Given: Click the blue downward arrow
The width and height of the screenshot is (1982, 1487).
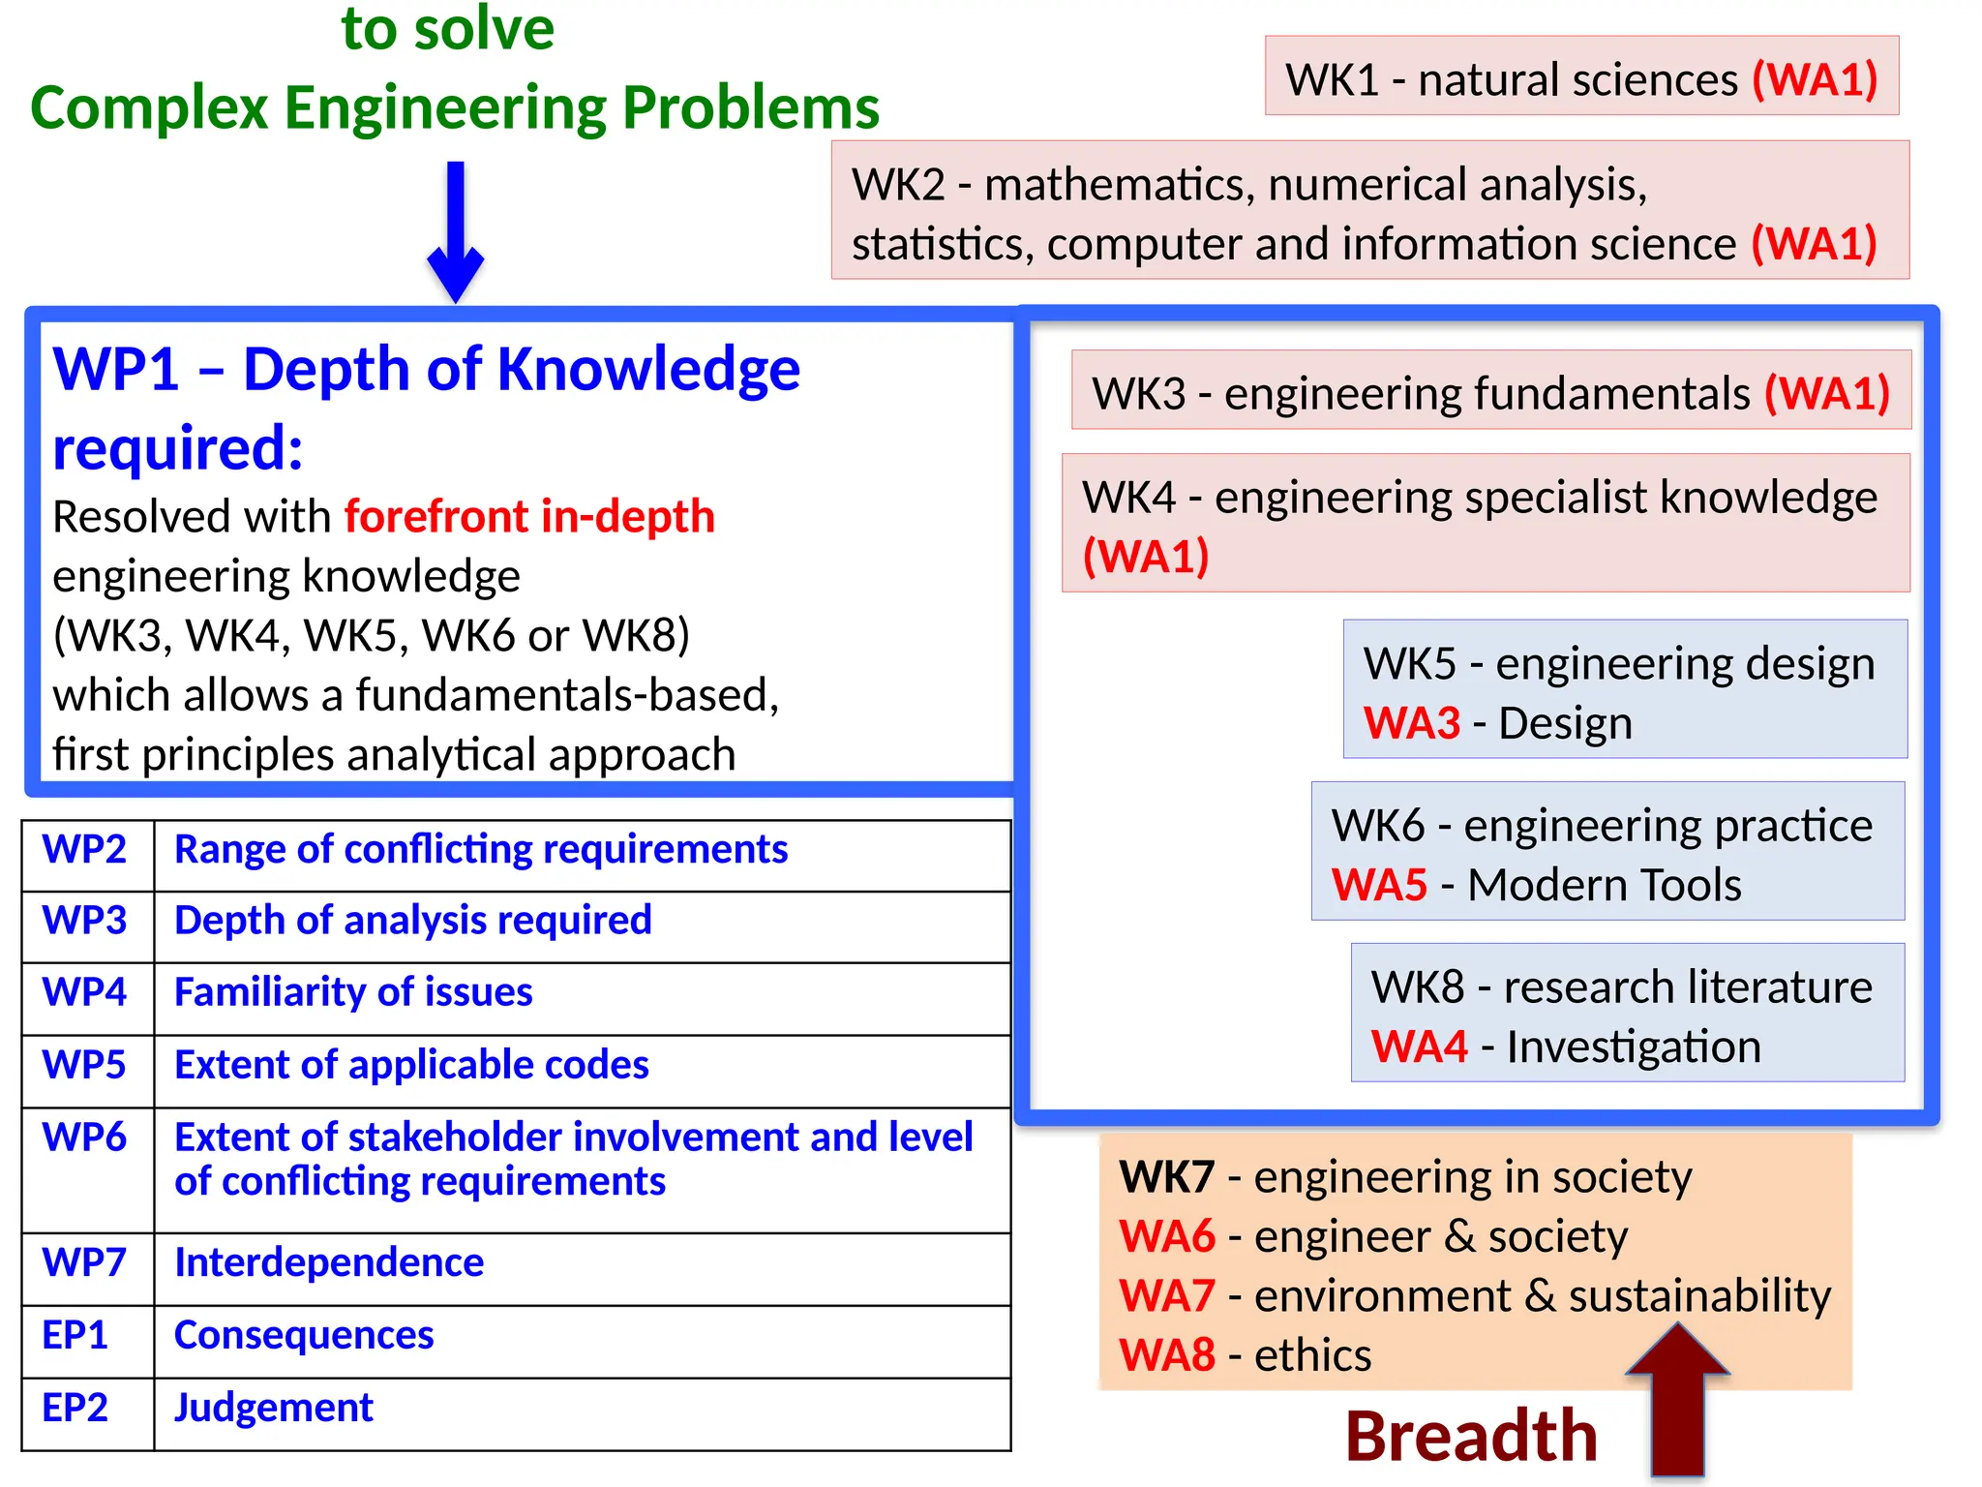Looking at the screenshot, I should pyautogui.click(x=455, y=232).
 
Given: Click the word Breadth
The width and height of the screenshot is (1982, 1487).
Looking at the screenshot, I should pyautogui.click(x=1471, y=1436).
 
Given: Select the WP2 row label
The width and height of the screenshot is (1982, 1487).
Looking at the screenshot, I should pyautogui.click(x=85, y=850).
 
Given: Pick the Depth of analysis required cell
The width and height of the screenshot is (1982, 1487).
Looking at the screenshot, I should pyautogui.click(x=413, y=921).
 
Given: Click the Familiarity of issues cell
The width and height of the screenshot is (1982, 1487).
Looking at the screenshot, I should pyautogui.click(x=353, y=992).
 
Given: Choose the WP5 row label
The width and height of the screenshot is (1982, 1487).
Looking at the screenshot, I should pyautogui.click(x=85, y=1065).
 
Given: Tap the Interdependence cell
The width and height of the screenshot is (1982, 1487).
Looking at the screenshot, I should pyautogui.click(x=329, y=1262).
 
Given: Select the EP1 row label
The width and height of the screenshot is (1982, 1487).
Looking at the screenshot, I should pyautogui.click(x=75, y=1335).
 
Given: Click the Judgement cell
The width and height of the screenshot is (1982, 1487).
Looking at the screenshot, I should pyautogui.click(x=274, y=1408).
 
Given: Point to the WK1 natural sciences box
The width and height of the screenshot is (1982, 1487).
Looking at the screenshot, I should pyautogui.click(x=1581, y=77).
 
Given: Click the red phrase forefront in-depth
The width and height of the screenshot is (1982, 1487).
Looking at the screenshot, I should pyautogui.click(x=529, y=516).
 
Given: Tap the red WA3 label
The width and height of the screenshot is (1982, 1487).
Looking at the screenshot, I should pyautogui.click(x=1411, y=723).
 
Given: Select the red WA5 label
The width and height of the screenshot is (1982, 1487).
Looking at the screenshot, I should pyautogui.click(x=1379, y=885).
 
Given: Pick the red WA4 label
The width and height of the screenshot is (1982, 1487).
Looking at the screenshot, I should pyautogui.click(x=1419, y=1047).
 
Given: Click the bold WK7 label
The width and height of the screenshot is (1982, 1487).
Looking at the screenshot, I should pyautogui.click(x=1166, y=1177).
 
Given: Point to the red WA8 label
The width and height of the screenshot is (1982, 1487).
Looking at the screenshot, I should pyautogui.click(x=1166, y=1355).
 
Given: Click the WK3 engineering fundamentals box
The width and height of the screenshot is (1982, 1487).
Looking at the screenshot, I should pyautogui.click(x=1490, y=391).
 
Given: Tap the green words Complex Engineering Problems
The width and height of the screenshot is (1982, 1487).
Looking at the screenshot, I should pyautogui.click(x=455, y=106).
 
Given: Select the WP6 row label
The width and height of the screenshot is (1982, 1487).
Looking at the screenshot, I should pyautogui.click(x=85, y=1138).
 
